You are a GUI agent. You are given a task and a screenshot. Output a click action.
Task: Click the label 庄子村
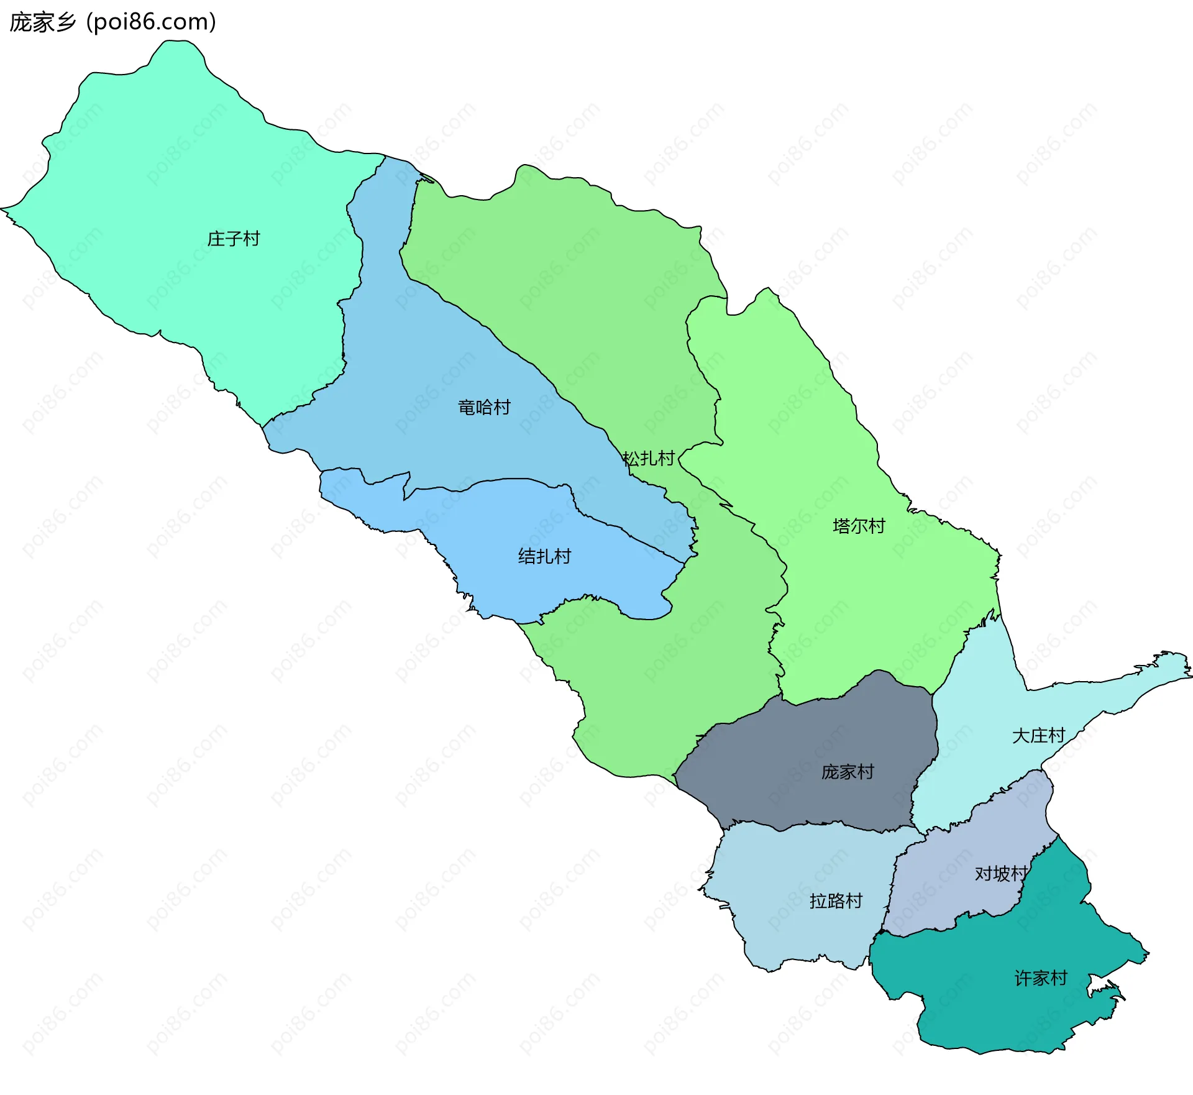pyautogui.click(x=233, y=239)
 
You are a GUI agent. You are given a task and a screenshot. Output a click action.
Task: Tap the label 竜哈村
pyautogui.click(x=484, y=408)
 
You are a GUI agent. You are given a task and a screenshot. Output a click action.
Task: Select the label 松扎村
pyautogui.click(x=649, y=459)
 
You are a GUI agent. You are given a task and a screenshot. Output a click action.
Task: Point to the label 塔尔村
pyautogui.click(x=859, y=526)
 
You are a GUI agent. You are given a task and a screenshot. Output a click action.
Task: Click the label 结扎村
pyautogui.click(x=544, y=556)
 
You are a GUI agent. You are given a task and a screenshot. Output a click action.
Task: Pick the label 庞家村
pyautogui.click(x=848, y=772)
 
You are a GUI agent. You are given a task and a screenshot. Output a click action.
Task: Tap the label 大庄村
pyautogui.click(x=1038, y=736)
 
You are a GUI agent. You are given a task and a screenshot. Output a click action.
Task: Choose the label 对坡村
pyautogui.click(x=1000, y=874)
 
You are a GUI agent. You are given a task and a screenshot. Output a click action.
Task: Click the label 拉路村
pyautogui.click(x=836, y=901)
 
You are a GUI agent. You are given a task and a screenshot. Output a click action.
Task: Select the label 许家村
pyautogui.click(x=1041, y=978)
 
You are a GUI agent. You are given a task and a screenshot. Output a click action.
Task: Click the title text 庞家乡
pyautogui.click(x=42, y=22)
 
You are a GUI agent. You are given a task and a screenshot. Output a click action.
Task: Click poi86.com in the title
pyautogui.click(x=151, y=22)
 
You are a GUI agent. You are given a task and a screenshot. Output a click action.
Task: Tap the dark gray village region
pyautogui.click(x=808, y=746)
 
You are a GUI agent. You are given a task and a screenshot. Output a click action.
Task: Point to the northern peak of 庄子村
pyautogui.click(x=177, y=50)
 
